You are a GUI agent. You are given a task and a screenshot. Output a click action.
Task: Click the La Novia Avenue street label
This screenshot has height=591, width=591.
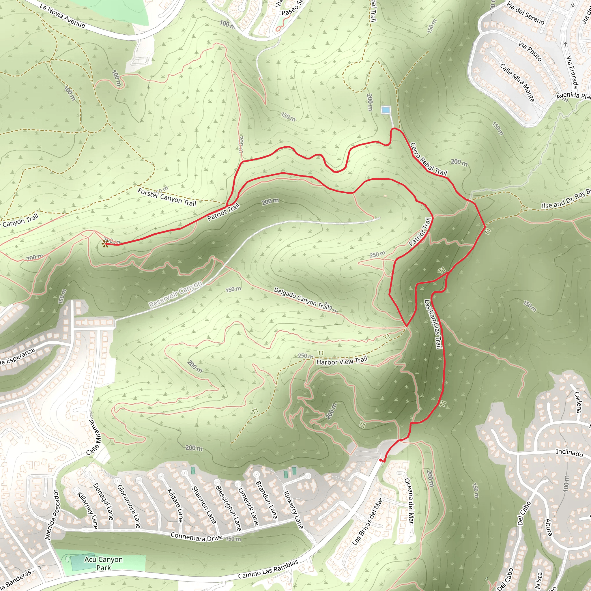tap(62, 16)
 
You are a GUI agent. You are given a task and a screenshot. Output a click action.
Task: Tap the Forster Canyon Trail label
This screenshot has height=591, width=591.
tap(167, 197)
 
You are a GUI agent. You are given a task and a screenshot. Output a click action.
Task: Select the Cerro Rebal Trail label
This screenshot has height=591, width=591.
tap(429, 159)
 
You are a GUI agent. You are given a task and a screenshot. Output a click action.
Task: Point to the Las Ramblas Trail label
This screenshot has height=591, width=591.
tap(433, 324)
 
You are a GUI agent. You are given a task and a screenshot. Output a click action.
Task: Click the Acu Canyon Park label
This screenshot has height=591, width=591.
tap(104, 564)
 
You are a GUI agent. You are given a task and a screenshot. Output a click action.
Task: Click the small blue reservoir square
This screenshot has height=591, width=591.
tap(386, 109)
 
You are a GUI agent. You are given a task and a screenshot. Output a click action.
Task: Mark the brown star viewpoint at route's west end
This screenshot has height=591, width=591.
tap(105, 244)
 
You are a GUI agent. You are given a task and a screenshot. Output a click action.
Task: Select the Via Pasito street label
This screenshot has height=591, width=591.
tap(530, 51)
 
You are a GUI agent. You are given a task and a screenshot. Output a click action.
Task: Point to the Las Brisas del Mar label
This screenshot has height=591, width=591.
tap(367, 521)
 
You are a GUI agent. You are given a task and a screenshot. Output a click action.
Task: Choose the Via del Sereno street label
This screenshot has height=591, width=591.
tap(525, 13)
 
